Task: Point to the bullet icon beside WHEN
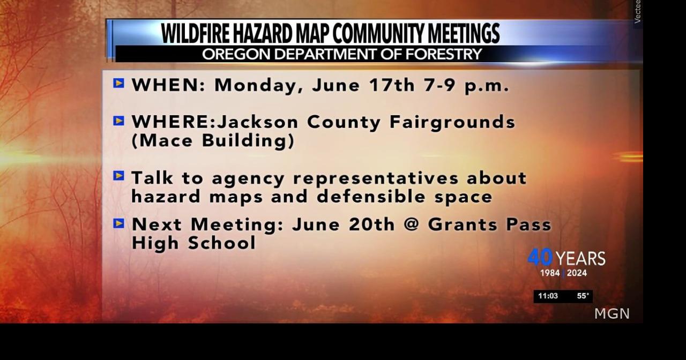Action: pyautogui.click(x=118, y=83)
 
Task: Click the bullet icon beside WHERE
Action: pyautogui.click(x=118, y=121)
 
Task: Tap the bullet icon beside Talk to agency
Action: pyautogui.click(x=118, y=176)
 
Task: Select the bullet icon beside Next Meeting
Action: pyautogui.click(x=118, y=223)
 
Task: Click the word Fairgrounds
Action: pyautogui.click(x=452, y=123)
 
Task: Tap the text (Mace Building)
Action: pyautogui.click(x=213, y=141)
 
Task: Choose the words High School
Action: pyautogui.click(x=193, y=243)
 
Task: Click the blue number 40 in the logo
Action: pyautogui.click(x=540, y=258)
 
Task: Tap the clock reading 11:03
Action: pyautogui.click(x=548, y=296)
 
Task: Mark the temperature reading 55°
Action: pyautogui.click(x=583, y=296)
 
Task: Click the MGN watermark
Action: pyautogui.click(x=612, y=314)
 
